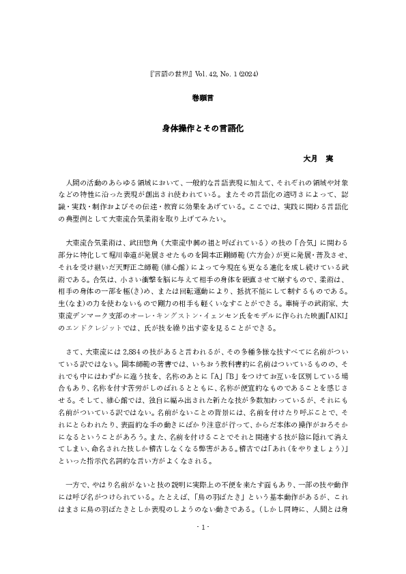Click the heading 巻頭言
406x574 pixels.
coord(203,98)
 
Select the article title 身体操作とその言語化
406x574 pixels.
coord(203,127)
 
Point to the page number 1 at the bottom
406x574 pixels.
coord(203,528)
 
